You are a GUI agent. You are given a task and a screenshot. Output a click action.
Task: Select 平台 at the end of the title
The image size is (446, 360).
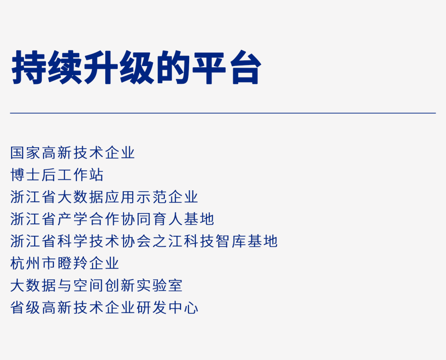pyautogui.click(x=226, y=67)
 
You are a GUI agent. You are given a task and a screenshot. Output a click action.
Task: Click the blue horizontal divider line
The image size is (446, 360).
pyautogui.click(x=223, y=113)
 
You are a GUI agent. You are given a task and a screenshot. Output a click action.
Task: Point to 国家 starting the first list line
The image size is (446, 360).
pyautogui.click(x=25, y=153)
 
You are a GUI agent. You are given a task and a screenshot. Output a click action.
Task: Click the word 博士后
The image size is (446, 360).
pyautogui.click(x=33, y=175)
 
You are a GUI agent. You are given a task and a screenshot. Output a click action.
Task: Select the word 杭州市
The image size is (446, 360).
pyautogui.click(x=33, y=263)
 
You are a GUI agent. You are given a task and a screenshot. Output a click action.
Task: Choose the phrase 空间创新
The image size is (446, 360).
pyautogui.click(x=104, y=286)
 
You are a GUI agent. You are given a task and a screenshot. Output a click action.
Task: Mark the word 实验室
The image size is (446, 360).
pyautogui.click(x=159, y=286)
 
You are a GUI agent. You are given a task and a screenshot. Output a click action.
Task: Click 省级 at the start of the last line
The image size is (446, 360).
pyautogui.click(x=25, y=308)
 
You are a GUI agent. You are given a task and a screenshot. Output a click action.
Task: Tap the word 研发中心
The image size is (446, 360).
pyautogui.click(x=167, y=308)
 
